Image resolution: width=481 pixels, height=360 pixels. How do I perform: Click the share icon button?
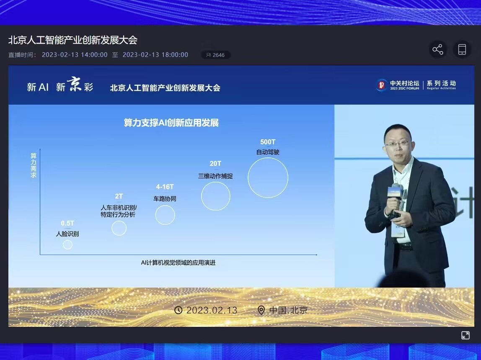(x=438, y=49)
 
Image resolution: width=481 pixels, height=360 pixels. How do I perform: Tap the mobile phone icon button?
(x=462, y=49)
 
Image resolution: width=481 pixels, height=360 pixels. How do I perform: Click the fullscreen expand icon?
(x=465, y=335)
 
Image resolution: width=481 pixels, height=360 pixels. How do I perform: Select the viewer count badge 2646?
(x=216, y=55)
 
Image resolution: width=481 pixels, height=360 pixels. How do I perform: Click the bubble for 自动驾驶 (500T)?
(x=268, y=177)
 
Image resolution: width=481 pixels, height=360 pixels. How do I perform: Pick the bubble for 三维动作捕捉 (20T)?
(x=216, y=196)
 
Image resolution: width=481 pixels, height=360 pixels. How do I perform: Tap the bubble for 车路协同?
(x=165, y=215)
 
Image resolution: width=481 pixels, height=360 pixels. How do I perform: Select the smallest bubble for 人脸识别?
(x=67, y=245)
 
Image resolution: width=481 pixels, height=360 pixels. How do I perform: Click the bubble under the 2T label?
(x=119, y=228)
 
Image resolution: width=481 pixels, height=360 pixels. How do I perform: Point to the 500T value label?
(x=268, y=142)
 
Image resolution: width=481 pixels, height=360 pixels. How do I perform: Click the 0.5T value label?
(x=67, y=224)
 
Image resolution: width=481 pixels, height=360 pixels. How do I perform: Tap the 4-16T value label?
(x=165, y=187)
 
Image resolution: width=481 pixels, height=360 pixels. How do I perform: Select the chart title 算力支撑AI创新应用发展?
(x=171, y=123)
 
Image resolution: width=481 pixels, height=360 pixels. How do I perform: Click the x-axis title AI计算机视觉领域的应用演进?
(x=178, y=263)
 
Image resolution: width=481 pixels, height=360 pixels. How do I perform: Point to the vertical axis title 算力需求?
(x=34, y=165)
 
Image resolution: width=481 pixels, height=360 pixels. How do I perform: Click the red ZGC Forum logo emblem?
(x=382, y=85)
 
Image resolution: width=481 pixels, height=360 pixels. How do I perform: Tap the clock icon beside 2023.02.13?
(x=178, y=310)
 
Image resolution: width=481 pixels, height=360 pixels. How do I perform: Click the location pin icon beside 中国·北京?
(x=261, y=310)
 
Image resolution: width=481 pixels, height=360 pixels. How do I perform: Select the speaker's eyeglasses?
(x=397, y=144)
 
